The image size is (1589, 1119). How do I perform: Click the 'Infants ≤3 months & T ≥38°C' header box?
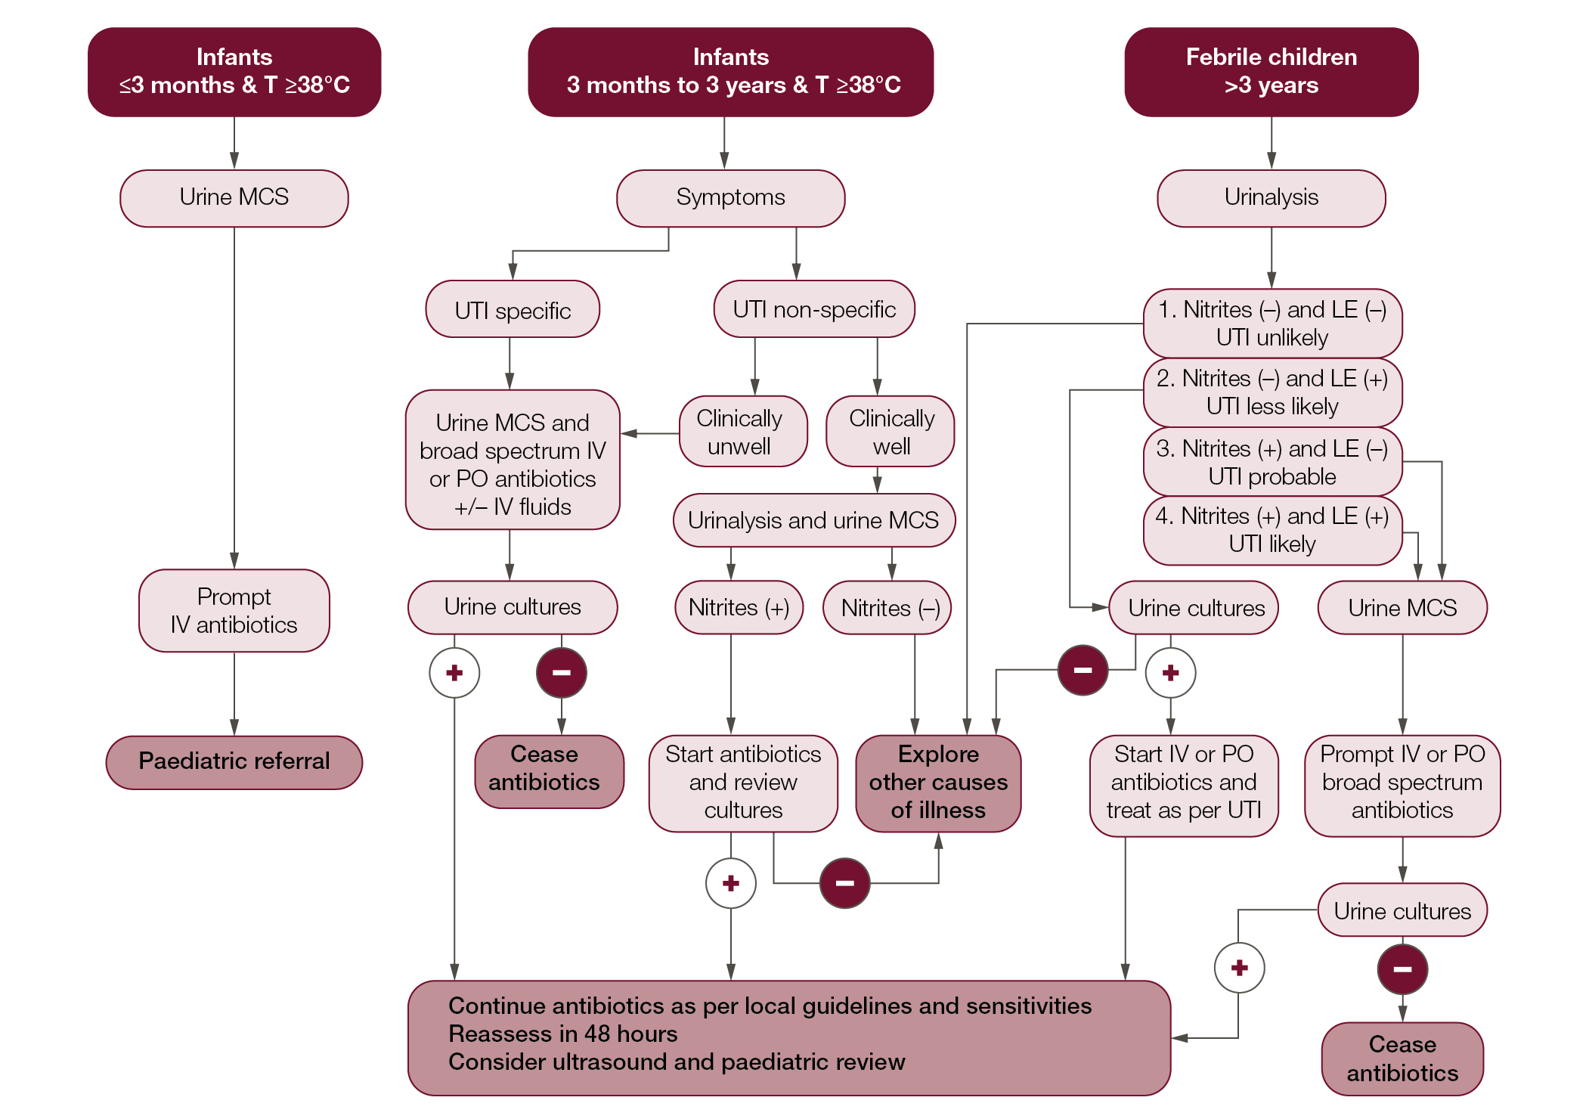tap(234, 72)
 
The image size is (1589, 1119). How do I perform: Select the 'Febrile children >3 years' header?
tap(1271, 72)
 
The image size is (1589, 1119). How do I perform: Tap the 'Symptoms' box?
tap(730, 198)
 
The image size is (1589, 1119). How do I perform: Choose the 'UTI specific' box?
tap(513, 310)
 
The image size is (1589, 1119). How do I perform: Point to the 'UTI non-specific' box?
tap(814, 309)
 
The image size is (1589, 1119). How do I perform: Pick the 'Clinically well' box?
tap(891, 432)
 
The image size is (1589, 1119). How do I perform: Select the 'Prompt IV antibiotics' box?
tap(234, 611)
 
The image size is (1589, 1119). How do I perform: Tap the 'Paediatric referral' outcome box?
tap(234, 762)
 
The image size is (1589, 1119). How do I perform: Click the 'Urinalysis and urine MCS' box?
tap(813, 520)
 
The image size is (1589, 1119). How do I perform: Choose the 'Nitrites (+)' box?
tap(739, 607)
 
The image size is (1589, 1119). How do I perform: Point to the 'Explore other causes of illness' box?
tap(938, 783)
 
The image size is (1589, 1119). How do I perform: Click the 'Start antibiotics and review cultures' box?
tap(743, 783)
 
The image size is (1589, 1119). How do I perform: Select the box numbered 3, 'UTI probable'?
tap(1272, 463)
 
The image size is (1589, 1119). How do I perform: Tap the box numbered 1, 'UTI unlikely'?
tap(1272, 324)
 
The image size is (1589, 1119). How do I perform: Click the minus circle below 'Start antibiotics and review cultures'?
tap(844, 883)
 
